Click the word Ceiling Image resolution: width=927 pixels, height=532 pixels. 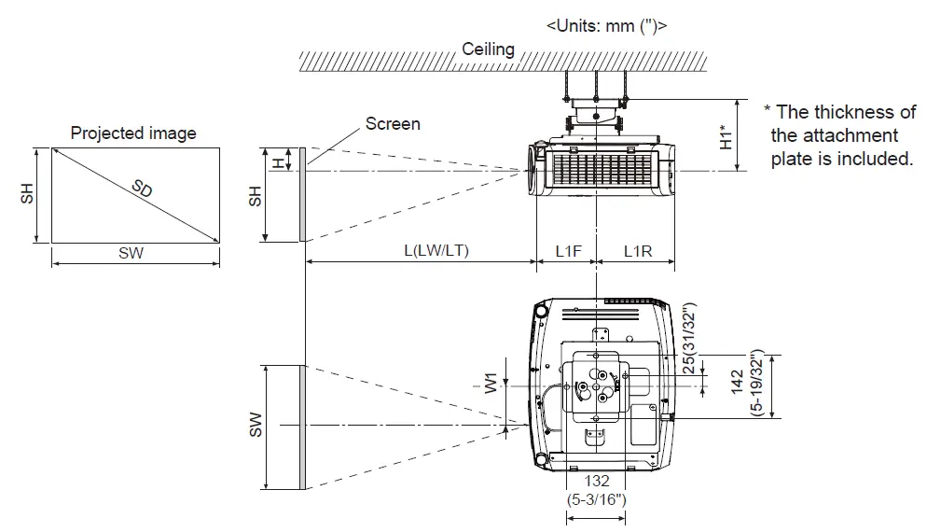(x=488, y=49)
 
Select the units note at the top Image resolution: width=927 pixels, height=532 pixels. (x=606, y=25)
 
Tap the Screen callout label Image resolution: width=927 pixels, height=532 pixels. (x=392, y=123)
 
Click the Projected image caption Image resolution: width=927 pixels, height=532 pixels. (x=133, y=133)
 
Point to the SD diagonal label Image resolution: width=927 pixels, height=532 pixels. (x=142, y=189)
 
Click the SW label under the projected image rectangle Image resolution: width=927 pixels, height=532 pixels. (x=131, y=253)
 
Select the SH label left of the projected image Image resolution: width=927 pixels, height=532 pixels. (x=29, y=193)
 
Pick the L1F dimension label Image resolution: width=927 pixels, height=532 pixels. (x=568, y=250)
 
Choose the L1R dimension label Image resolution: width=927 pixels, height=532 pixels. (x=637, y=250)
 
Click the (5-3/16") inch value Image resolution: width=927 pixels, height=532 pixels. (x=596, y=499)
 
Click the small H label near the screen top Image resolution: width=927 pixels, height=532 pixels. (x=277, y=161)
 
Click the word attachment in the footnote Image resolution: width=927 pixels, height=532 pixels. (x=822, y=135)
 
